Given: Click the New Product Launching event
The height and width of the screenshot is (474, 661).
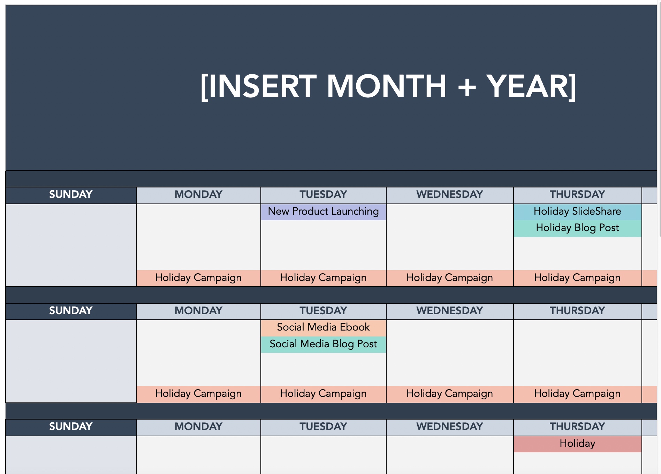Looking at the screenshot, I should pyautogui.click(x=323, y=212).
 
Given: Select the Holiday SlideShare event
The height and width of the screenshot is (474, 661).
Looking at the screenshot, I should pyautogui.click(x=577, y=212).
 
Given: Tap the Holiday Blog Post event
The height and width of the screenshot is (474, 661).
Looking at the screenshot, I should pyautogui.click(x=577, y=228).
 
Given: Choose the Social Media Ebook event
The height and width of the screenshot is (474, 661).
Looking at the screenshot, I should pyautogui.click(x=323, y=327).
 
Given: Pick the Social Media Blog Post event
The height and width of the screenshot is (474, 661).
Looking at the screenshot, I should pyautogui.click(x=323, y=344).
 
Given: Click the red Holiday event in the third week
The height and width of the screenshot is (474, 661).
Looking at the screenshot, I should pyautogui.click(x=577, y=444).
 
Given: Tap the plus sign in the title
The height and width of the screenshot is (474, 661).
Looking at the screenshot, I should pyautogui.click(x=467, y=87).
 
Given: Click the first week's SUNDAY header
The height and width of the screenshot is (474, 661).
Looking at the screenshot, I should pyautogui.click(x=71, y=195).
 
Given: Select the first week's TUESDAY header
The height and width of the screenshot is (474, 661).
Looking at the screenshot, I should pyautogui.click(x=323, y=195).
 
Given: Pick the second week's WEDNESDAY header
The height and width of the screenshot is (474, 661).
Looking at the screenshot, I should pyautogui.click(x=449, y=311).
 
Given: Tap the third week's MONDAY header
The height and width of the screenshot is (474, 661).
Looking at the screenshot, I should pyautogui.click(x=198, y=427).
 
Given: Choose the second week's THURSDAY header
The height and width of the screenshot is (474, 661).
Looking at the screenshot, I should pyautogui.click(x=577, y=311).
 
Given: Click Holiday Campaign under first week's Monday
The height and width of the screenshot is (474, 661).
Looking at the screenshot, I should pyautogui.click(x=198, y=278).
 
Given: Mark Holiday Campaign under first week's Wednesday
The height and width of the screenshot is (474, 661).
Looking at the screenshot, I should pyautogui.click(x=449, y=278).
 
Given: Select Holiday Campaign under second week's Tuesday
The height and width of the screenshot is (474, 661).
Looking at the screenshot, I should pyautogui.click(x=323, y=394).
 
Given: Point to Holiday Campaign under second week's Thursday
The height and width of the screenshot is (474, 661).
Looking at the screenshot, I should pyautogui.click(x=577, y=394).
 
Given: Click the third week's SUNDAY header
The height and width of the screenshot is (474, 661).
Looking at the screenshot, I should pyautogui.click(x=71, y=427).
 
